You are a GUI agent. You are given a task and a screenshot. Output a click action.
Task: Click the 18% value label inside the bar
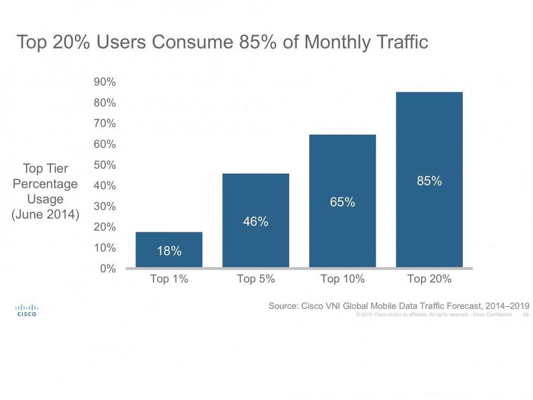tap(169, 251)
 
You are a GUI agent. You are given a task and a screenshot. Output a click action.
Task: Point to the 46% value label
tap(256, 221)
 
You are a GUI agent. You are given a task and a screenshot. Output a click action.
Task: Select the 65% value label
tap(343, 202)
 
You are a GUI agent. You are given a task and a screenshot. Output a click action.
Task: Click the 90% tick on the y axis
tap(105, 82)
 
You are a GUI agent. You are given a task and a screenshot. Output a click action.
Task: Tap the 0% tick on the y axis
tap(107, 268)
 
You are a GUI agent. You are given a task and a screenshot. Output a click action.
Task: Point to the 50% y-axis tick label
tap(105, 165)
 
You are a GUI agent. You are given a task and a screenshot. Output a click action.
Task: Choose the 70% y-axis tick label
tap(105, 124)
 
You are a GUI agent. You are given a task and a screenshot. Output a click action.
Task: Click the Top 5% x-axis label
tap(256, 279)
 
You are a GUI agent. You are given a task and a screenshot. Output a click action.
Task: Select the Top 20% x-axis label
tap(429, 279)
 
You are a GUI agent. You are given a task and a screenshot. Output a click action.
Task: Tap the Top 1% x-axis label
tap(169, 279)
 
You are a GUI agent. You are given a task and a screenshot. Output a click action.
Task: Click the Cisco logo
tap(27, 310)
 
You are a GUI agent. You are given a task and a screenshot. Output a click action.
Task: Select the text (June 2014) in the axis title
tap(45, 214)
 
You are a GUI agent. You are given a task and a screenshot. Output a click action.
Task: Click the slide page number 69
tap(526, 315)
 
